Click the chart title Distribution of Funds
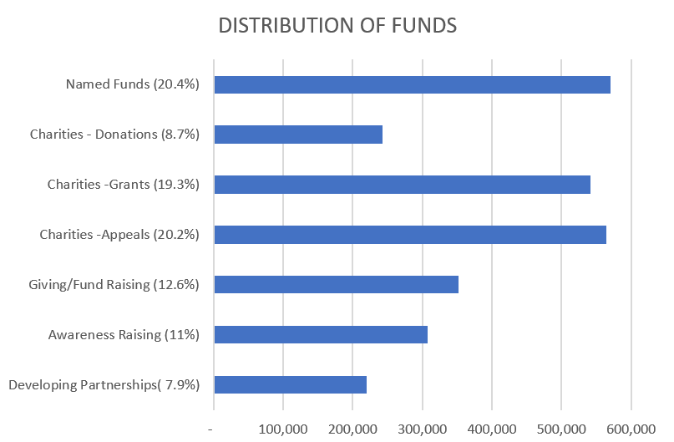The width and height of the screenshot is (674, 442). pos(337,26)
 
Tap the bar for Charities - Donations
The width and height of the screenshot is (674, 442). pos(298,135)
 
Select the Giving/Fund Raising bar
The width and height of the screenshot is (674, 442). pos(336,285)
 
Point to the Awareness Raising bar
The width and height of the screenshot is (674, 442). pos(321,335)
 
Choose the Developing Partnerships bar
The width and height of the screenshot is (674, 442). pos(290,385)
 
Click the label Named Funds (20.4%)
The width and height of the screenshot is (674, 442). pos(133,84)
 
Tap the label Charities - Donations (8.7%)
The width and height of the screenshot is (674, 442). pos(114,135)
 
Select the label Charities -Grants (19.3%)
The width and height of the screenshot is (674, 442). pos(123,185)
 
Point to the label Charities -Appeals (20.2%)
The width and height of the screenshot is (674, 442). pos(119,235)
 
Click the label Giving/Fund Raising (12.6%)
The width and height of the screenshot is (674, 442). pos(114,285)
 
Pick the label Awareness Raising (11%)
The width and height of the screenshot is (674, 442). pos(124,335)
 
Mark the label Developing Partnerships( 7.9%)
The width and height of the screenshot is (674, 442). pos(104,385)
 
